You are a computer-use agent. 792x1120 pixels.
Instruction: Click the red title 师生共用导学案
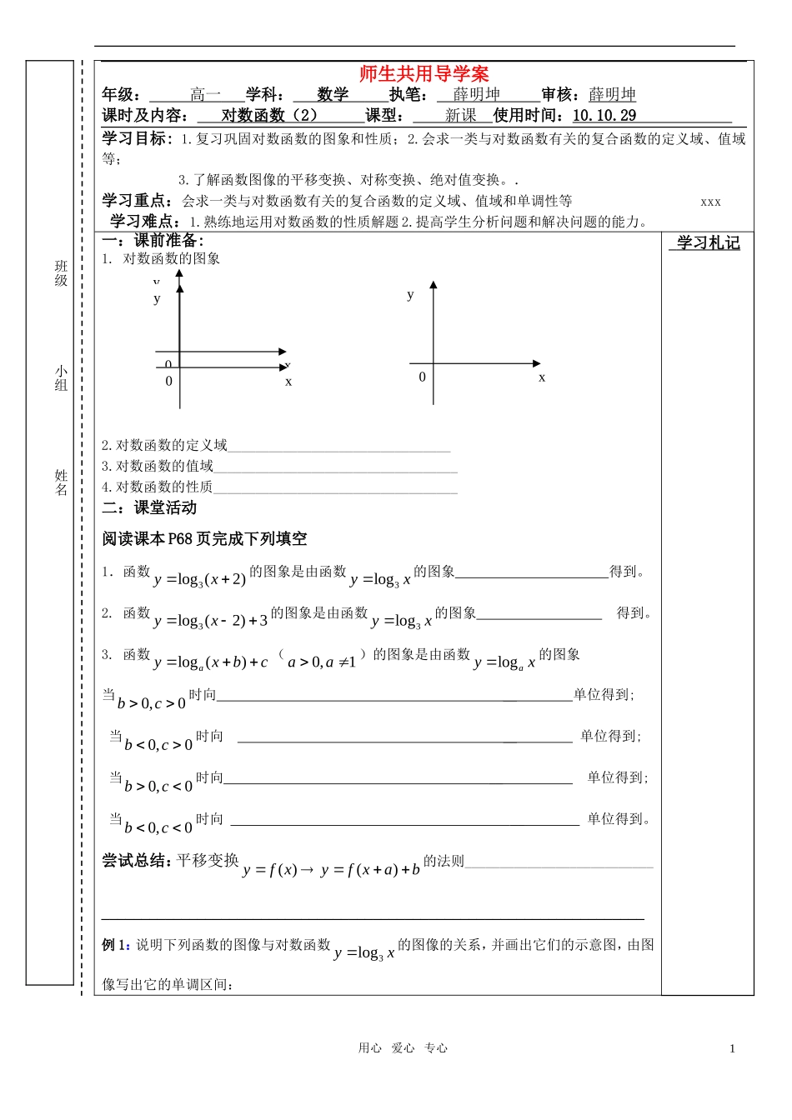pyautogui.click(x=424, y=74)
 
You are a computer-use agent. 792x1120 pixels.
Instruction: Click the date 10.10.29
pyautogui.click(x=604, y=116)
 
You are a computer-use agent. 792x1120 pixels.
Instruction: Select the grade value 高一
pyautogui.click(x=205, y=95)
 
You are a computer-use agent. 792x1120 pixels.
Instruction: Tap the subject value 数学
pyautogui.click(x=333, y=95)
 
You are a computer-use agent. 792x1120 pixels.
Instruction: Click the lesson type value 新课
pyautogui.click(x=460, y=116)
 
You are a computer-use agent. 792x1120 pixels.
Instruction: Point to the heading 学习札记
pyautogui.click(x=708, y=243)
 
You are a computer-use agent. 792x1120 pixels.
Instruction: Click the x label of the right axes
pyautogui.click(x=542, y=378)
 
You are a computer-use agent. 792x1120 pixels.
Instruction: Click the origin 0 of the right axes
pyautogui.click(x=422, y=377)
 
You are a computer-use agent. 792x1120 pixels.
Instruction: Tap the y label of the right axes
pyautogui.click(x=410, y=294)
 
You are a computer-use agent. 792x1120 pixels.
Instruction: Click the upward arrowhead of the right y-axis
pyautogui.click(x=434, y=286)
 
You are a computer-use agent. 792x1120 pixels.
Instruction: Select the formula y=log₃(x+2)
pyautogui.click(x=200, y=579)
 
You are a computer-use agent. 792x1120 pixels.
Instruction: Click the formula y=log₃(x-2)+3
pyautogui.click(x=211, y=621)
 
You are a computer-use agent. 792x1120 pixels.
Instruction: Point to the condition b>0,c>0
pyautogui.click(x=152, y=703)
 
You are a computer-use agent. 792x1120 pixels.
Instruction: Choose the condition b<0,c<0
pyautogui.click(x=158, y=827)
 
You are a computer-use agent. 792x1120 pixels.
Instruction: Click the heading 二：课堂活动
pyautogui.click(x=149, y=507)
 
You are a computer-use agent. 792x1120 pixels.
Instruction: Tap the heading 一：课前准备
pyautogui.click(x=152, y=240)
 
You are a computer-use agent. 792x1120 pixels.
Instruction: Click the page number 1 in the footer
pyautogui.click(x=732, y=1049)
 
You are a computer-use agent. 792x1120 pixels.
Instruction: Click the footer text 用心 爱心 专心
pyautogui.click(x=403, y=1048)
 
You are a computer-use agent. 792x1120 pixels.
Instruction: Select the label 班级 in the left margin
pyautogui.click(x=61, y=273)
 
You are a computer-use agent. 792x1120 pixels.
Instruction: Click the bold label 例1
pyautogui.click(x=116, y=945)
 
